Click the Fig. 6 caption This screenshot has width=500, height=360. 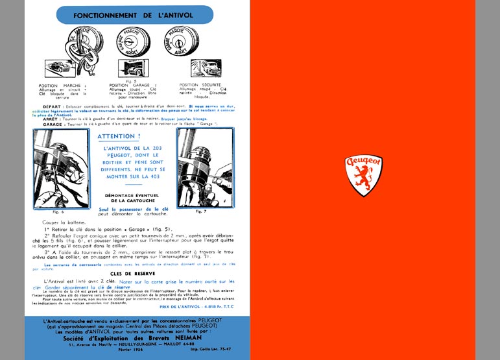pyautogui.click(x=57, y=212)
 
